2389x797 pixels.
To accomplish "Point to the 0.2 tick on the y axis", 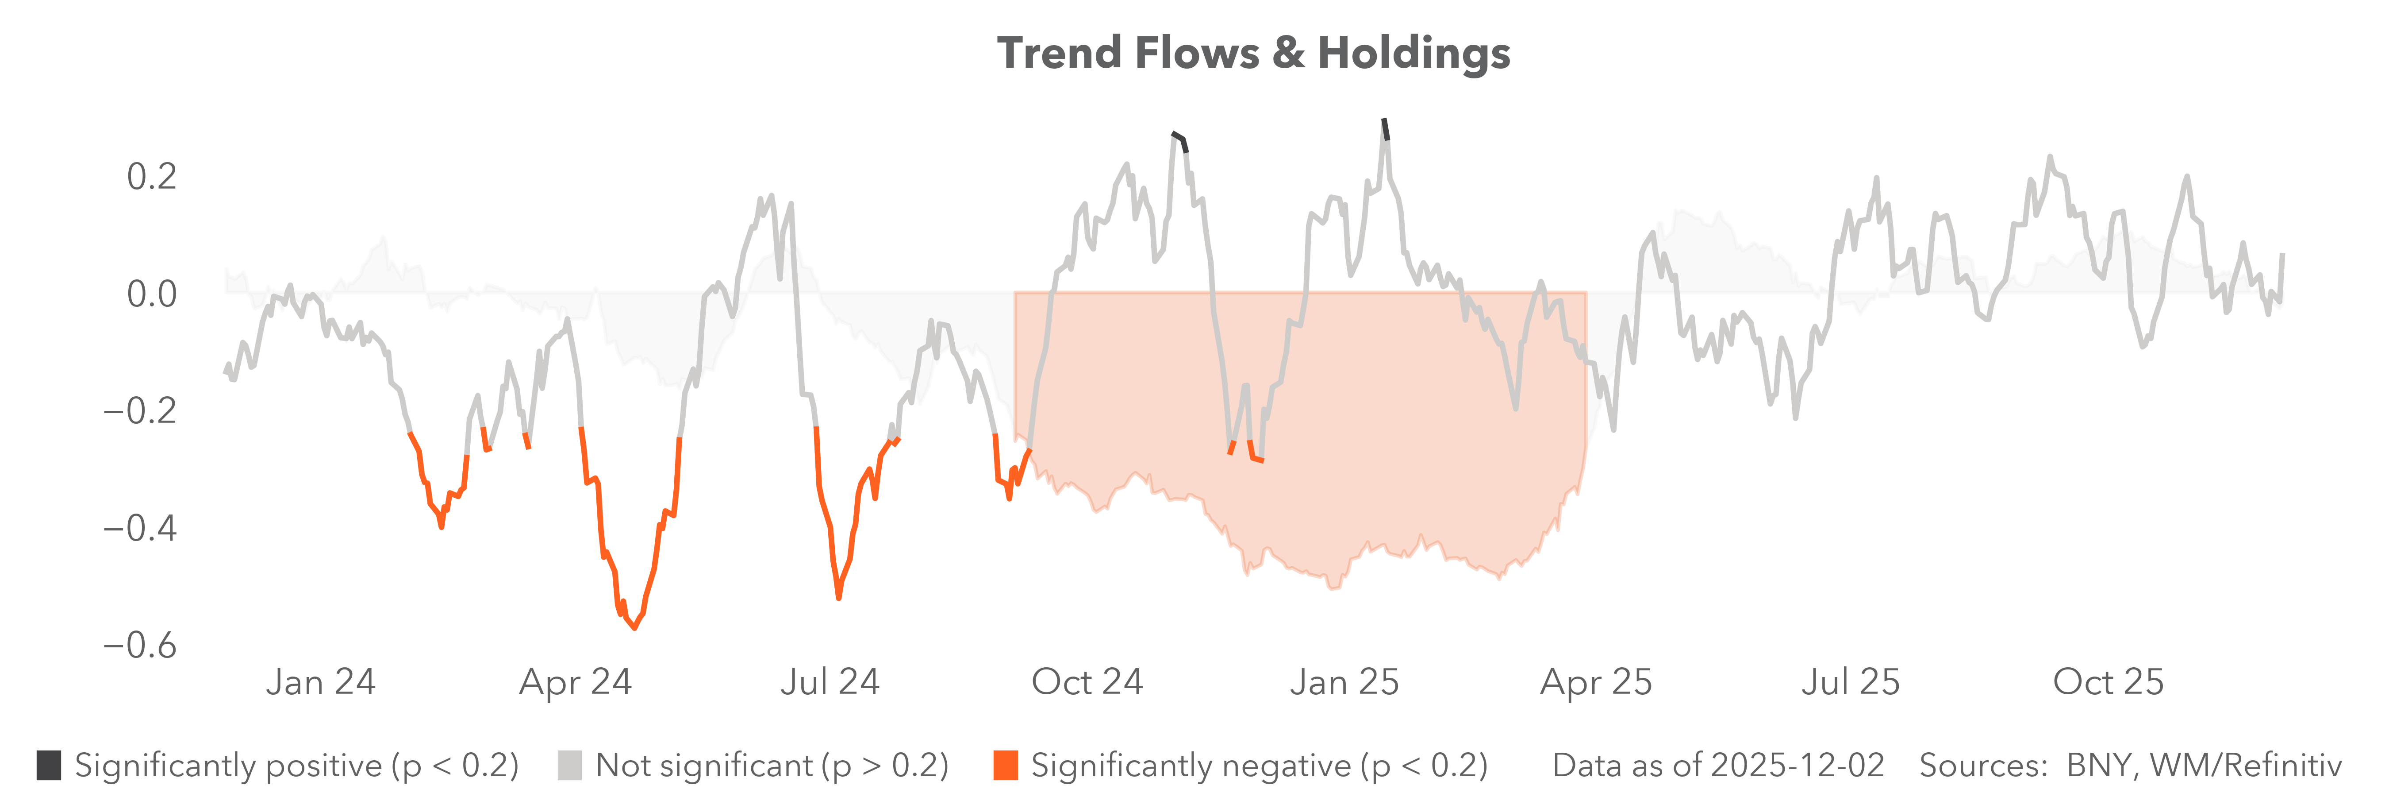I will point(151,176).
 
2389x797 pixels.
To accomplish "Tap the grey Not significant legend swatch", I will point(569,766).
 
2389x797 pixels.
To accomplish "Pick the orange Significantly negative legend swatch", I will point(1005,766).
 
